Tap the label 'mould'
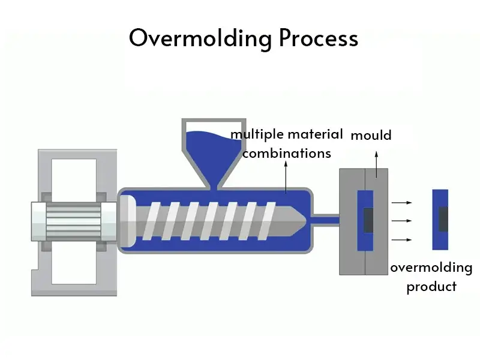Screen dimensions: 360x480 371,136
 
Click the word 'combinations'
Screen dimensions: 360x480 287,154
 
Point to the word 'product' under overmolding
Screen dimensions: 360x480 431,286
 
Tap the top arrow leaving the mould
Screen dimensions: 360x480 401,203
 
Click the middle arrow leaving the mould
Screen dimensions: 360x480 401,221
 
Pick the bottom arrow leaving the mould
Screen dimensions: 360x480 401,239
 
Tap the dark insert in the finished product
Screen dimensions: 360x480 443,219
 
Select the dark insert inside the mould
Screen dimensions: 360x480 367,220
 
